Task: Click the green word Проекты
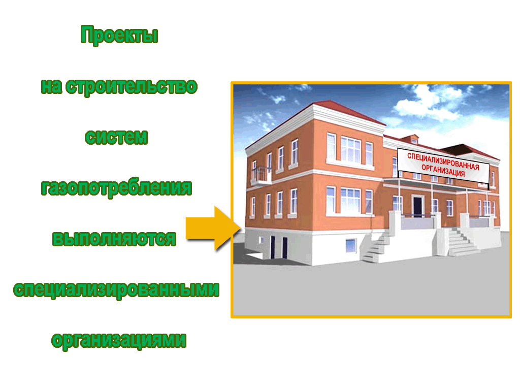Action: pyautogui.click(x=119, y=35)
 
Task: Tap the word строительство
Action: pyautogui.click(x=132, y=87)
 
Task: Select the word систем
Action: pyautogui.click(x=116, y=137)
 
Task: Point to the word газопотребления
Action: pyautogui.click(x=116, y=188)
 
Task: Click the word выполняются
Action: pyautogui.click(x=114, y=239)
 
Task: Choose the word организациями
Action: pyautogui.click(x=119, y=340)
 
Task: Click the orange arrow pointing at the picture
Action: pyautogui.click(x=213, y=228)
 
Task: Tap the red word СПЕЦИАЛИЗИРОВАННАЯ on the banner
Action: pyautogui.click(x=443, y=161)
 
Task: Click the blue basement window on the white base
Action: pyautogui.click(x=351, y=246)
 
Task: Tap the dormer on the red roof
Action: pyautogui.click(x=410, y=139)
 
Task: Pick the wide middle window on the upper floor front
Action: pyautogui.click(x=350, y=150)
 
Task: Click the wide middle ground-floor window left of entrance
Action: pyautogui.click(x=350, y=201)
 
